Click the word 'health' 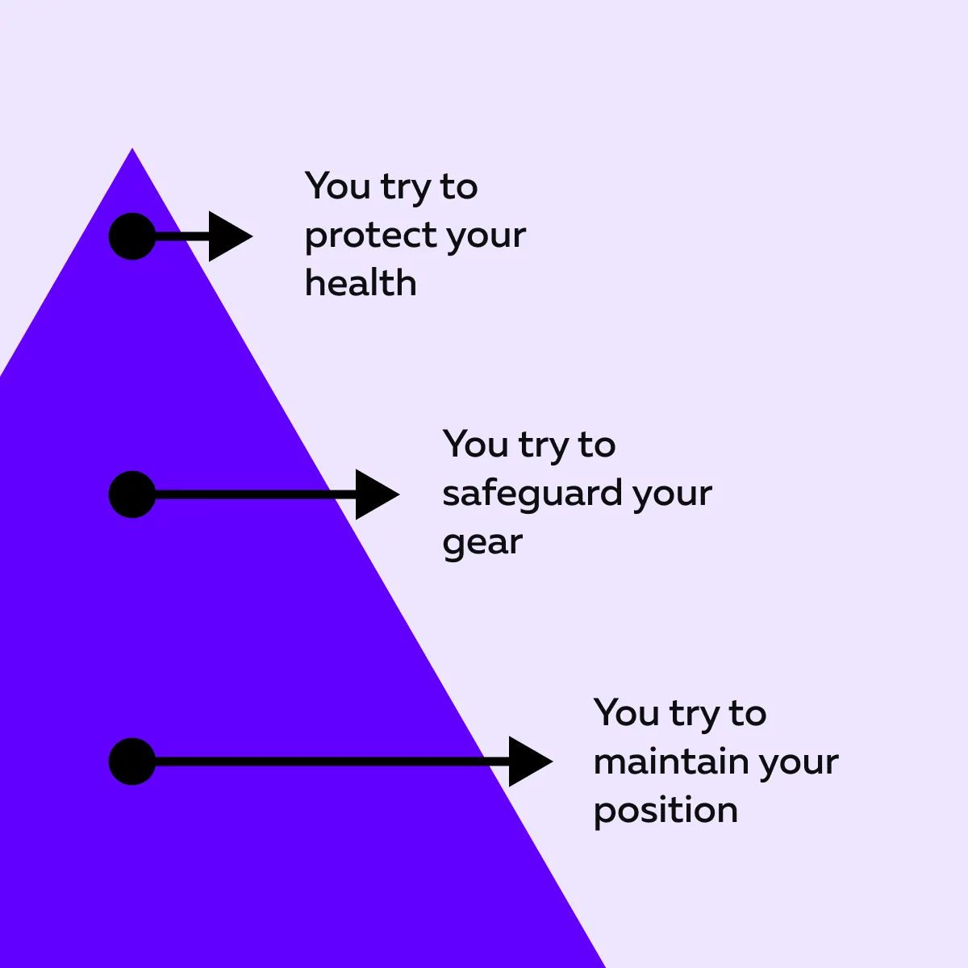(361, 283)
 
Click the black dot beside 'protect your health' (132, 236)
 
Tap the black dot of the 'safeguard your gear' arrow (132, 494)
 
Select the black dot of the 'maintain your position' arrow (132, 761)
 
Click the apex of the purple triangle (132, 148)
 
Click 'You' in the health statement (337, 186)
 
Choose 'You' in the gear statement (475, 444)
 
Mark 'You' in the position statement (626, 712)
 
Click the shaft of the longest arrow (332, 761)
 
